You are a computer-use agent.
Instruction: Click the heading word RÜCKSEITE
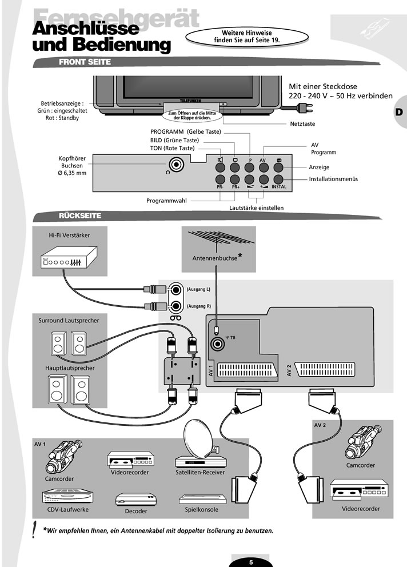pos(80,216)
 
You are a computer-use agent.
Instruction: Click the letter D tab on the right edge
pos(398,111)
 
